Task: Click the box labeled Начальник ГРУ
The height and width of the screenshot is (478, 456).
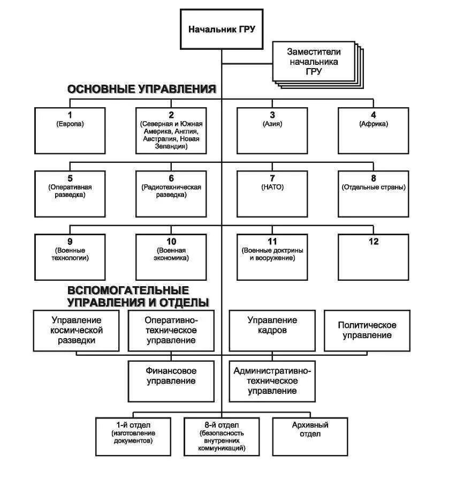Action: pyautogui.click(x=221, y=29)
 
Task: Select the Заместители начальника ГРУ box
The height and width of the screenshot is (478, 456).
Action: pyautogui.click(x=313, y=62)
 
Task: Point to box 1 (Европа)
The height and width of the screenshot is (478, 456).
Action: pyautogui.click(x=70, y=130)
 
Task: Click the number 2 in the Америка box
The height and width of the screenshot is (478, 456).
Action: pyautogui.click(x=171, y=115)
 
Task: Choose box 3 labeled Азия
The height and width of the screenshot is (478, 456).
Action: pyautogui.click(x=272, y=130)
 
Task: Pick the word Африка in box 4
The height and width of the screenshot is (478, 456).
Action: pyautogui.click(x=374, y=124)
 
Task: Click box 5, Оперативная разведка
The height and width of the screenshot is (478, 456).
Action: pyautogui.click(x=70, y=193)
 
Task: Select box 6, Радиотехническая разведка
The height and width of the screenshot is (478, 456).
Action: pyautogui.click(x=171, y=193)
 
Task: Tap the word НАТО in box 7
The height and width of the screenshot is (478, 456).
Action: pyautogui.click(x=272, y=187)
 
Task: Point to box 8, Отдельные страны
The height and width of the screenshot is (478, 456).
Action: pyautogui.click(x=374, y=193)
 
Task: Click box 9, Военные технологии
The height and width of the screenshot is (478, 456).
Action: pyautogui.click(x=70, y=257)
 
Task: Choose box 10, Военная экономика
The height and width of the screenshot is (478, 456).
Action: pyautogui.click(x=171, y=257)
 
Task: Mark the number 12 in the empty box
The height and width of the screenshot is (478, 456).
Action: pyautogui.click(x=374, y=242)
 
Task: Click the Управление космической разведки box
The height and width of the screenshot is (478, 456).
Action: pyautogui.click(x=77, y=330)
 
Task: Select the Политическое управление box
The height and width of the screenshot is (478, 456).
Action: pyautogui.click(x=367, y=330)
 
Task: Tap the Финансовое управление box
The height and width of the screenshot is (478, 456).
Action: pyautogui.click(x=171, y=380)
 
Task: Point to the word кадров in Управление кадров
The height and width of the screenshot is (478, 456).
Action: pyautogui.click(x=272, y=330)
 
